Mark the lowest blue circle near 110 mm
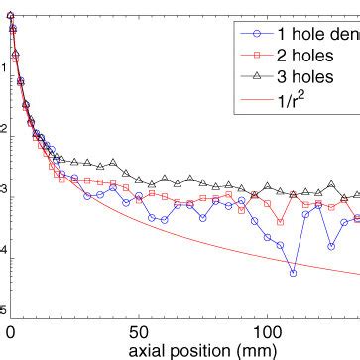pos(293,272)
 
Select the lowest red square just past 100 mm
pos(280,221)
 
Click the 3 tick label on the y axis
pos(3,189)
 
